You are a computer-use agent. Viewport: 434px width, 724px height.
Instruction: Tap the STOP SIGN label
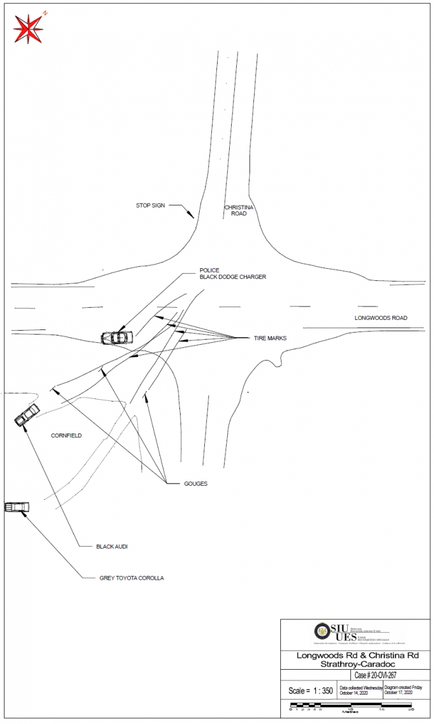point(150,206)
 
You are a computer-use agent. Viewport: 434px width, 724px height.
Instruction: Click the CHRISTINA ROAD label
point(239,211)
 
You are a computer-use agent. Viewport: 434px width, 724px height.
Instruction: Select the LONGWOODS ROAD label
point(381,318)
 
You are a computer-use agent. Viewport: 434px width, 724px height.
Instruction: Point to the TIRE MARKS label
point(270,338)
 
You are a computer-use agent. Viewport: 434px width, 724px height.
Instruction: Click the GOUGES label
point(195,484)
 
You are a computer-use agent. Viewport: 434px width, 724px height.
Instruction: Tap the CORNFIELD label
point(66,436)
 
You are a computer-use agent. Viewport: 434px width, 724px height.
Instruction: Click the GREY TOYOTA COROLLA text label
point(131,578)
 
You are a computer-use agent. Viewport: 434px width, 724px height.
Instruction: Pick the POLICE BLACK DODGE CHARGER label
point(232,274)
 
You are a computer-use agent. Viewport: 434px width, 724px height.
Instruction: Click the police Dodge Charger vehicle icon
point(117,336)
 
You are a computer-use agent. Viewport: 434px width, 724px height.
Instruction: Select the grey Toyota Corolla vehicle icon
point(17,507)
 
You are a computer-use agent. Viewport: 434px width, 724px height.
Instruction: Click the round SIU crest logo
point(322,631)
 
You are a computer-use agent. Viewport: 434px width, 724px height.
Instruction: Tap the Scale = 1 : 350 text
point(310,691)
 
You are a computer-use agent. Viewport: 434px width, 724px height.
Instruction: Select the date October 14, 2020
point(355,693)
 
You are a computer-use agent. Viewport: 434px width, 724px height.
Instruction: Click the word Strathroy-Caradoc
point(354,665)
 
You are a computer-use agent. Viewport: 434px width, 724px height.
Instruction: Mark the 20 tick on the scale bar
point(411,709)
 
